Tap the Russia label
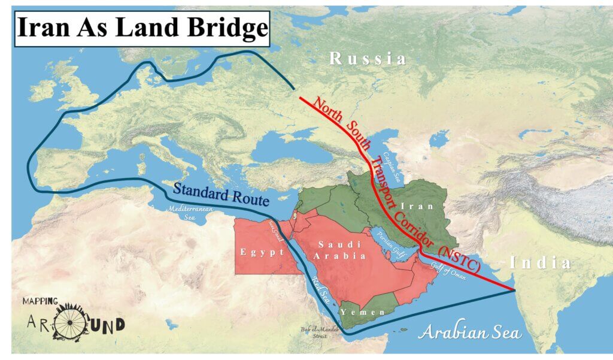tap(368, 59)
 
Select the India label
tap(540, 263)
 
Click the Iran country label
tap(436, 205)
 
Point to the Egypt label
tap(262, 252)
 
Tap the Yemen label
tap(359, 312)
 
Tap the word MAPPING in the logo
tap(41, 301)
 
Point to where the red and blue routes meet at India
tap(515, 291)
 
